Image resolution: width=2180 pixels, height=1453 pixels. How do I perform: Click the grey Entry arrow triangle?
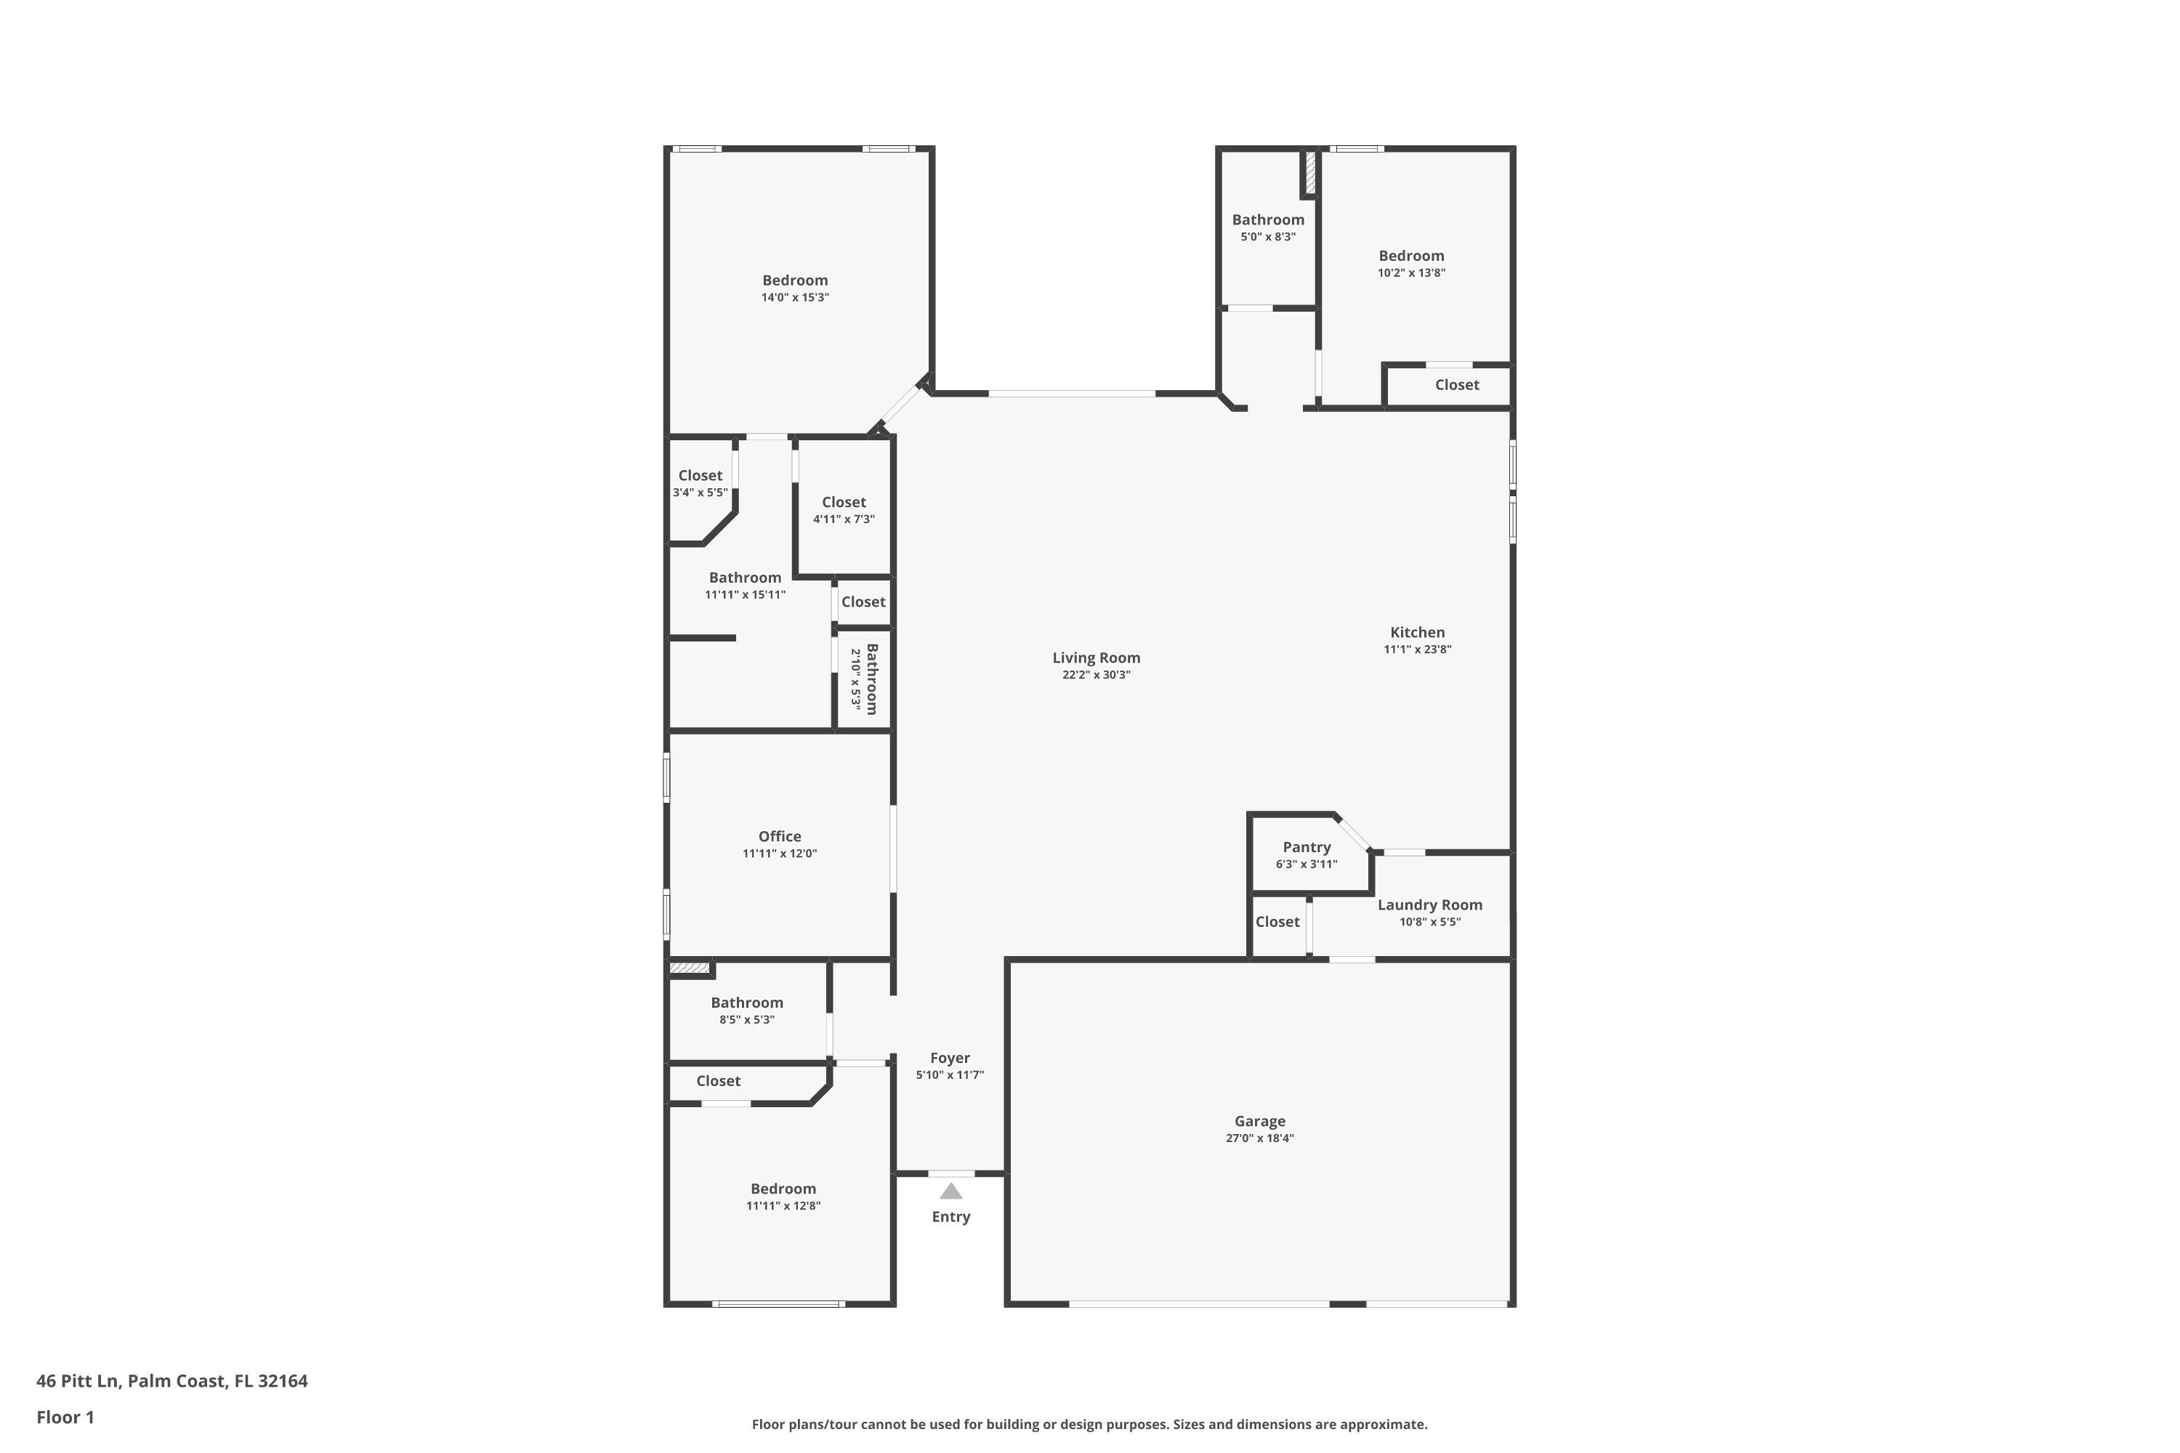951,1191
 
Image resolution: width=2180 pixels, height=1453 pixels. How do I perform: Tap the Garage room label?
1259,1121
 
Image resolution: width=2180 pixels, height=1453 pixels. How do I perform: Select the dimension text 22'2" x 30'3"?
1096,675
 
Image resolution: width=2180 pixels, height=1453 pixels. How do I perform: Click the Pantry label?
1306,847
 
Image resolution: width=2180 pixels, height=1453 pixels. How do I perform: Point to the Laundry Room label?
1429,904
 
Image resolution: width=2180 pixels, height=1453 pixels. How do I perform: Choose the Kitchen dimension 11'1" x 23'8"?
1417,649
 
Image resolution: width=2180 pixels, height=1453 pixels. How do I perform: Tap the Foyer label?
950,1057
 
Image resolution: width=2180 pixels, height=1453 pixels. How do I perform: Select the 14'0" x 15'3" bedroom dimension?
794,297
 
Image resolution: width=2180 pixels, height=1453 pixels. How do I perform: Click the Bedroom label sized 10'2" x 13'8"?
1410,256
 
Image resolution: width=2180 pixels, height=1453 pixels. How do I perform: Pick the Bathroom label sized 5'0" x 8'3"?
1267,219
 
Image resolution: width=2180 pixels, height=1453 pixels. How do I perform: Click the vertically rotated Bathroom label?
871,679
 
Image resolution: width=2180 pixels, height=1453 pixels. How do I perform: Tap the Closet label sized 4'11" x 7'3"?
844,502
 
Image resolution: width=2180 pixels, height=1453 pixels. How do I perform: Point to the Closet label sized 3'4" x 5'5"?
700,475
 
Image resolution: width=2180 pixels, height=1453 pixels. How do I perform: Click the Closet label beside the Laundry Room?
1277,921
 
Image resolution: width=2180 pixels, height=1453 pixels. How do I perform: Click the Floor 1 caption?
65,1417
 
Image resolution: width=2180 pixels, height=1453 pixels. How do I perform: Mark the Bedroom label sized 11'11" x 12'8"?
783,1189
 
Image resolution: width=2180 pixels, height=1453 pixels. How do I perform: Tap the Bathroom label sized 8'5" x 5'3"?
746,1003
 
